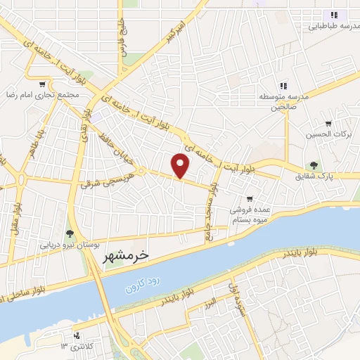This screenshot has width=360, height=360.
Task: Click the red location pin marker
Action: click(x=181, y=165)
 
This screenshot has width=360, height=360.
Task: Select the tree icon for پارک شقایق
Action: click(x=314, y=166)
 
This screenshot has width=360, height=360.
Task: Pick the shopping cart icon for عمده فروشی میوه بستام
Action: click(x=250, y=199)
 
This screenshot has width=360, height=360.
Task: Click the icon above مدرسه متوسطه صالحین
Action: click(x=282, y=85)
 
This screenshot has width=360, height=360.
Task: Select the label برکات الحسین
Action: click(x=323, y=134)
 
